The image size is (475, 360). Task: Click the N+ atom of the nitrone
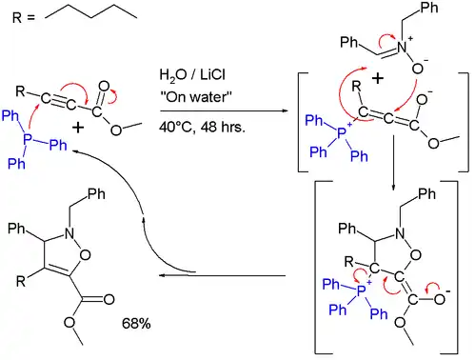click(x=403, y=65)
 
